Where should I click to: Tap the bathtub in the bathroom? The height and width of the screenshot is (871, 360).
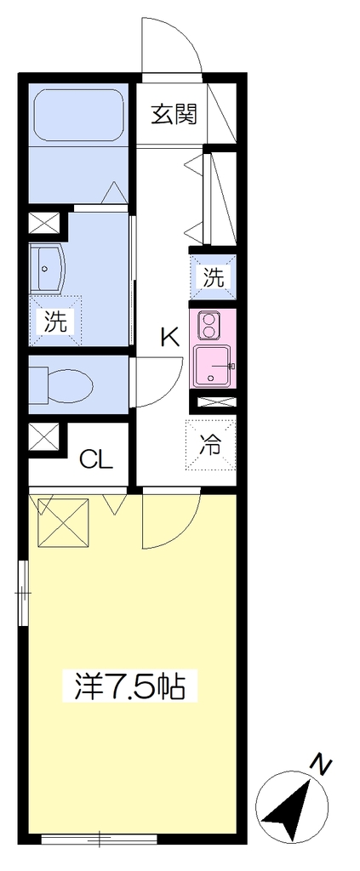(78, 116)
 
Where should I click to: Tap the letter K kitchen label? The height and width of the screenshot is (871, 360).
(170, 337)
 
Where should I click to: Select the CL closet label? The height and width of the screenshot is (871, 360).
(97, 458)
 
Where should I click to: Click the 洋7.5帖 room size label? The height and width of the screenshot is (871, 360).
(129, 687)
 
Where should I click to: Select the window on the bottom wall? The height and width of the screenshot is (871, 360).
(100, 838)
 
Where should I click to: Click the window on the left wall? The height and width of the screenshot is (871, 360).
(23, 593)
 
